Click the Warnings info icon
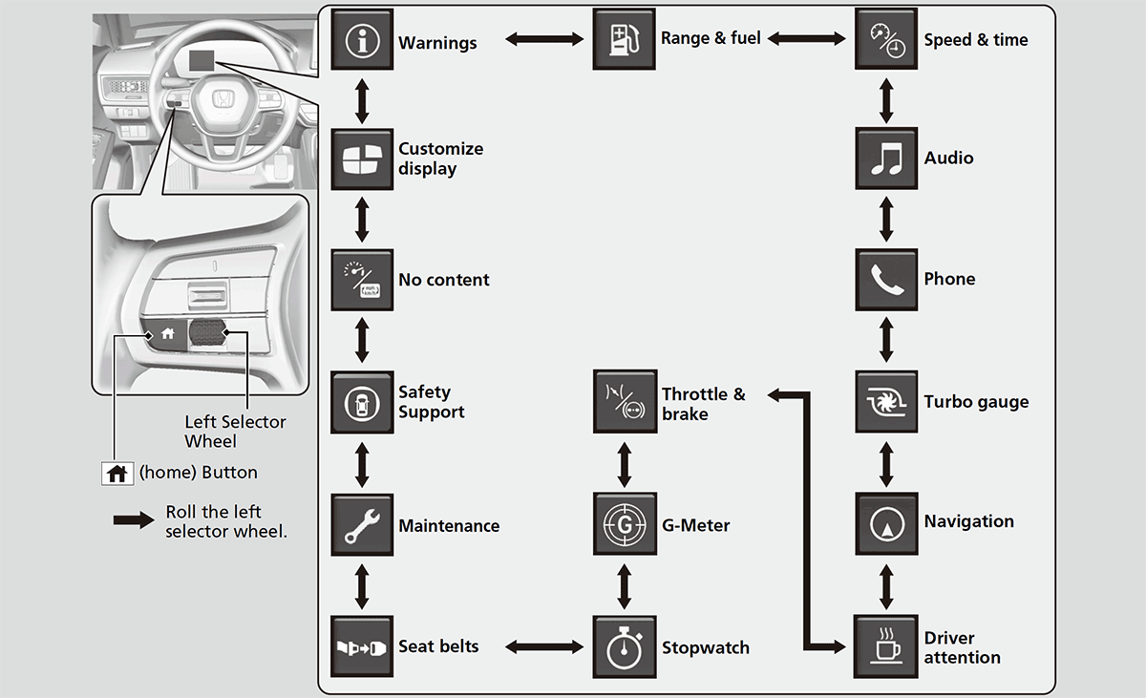click(362, 40)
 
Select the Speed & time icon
click(886, 40)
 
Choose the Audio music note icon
click(886, 159)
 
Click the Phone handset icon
click(886, 280)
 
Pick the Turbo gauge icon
click(886, 402)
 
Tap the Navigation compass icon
click(886, 523)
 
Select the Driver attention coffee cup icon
click(886, 646)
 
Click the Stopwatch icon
click(625, 646)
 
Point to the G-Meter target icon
click(625, 524)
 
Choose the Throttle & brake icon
click(625, 402)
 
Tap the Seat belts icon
click(362, 646)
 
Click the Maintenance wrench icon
click(362, 524)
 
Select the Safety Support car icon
click(362, 402)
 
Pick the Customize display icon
click(362, 159)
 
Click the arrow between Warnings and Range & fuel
click(543, 40)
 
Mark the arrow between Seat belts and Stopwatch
click(543, 647)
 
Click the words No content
click(444, 280)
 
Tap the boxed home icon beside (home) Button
click(117, 473)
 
